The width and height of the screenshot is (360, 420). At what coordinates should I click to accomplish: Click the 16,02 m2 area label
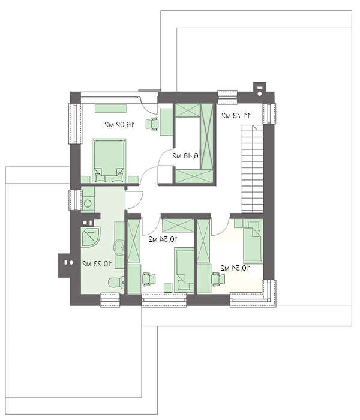pyautogui.click(x=119, y=125)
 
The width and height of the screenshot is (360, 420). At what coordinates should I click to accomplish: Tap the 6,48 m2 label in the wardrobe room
pyautogui.click(x=185, y=155)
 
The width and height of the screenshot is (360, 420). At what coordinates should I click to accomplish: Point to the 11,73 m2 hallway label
pyautogui.click(x=236, y=116)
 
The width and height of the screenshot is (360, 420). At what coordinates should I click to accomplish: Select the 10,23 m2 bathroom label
pyautogui.click(x=97, y=264)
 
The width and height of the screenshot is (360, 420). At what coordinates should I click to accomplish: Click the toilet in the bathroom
pyautogui.click(x=116, y=282)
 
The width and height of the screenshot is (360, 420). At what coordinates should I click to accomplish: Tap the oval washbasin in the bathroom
pyautogui.click(x=119, y=247)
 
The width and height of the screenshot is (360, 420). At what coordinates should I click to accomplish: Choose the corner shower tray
pyautogui.click(x=91, y=237)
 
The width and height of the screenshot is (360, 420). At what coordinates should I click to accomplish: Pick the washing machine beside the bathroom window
pyautogui.click(x=88, y=203)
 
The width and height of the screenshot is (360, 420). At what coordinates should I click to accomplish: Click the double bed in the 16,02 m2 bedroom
pyautogui.click(x=109, y=160)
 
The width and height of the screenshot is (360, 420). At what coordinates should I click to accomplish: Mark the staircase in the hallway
pyautogui.click(x=253, y=168)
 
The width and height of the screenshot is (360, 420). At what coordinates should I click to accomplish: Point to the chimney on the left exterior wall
pyautogui.click(x=65, y=265)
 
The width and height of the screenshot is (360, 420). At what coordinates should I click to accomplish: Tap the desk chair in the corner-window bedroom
pyautogui.click(x=218, y=279)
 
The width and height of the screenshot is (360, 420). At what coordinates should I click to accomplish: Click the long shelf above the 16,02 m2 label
pyautogui.click(x=110, y=109)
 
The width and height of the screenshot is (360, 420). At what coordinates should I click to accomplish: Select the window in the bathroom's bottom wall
pyautogui.click(x=110, y=300)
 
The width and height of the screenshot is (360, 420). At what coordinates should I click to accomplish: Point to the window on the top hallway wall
pyautogui.click(x=227, y=97)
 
